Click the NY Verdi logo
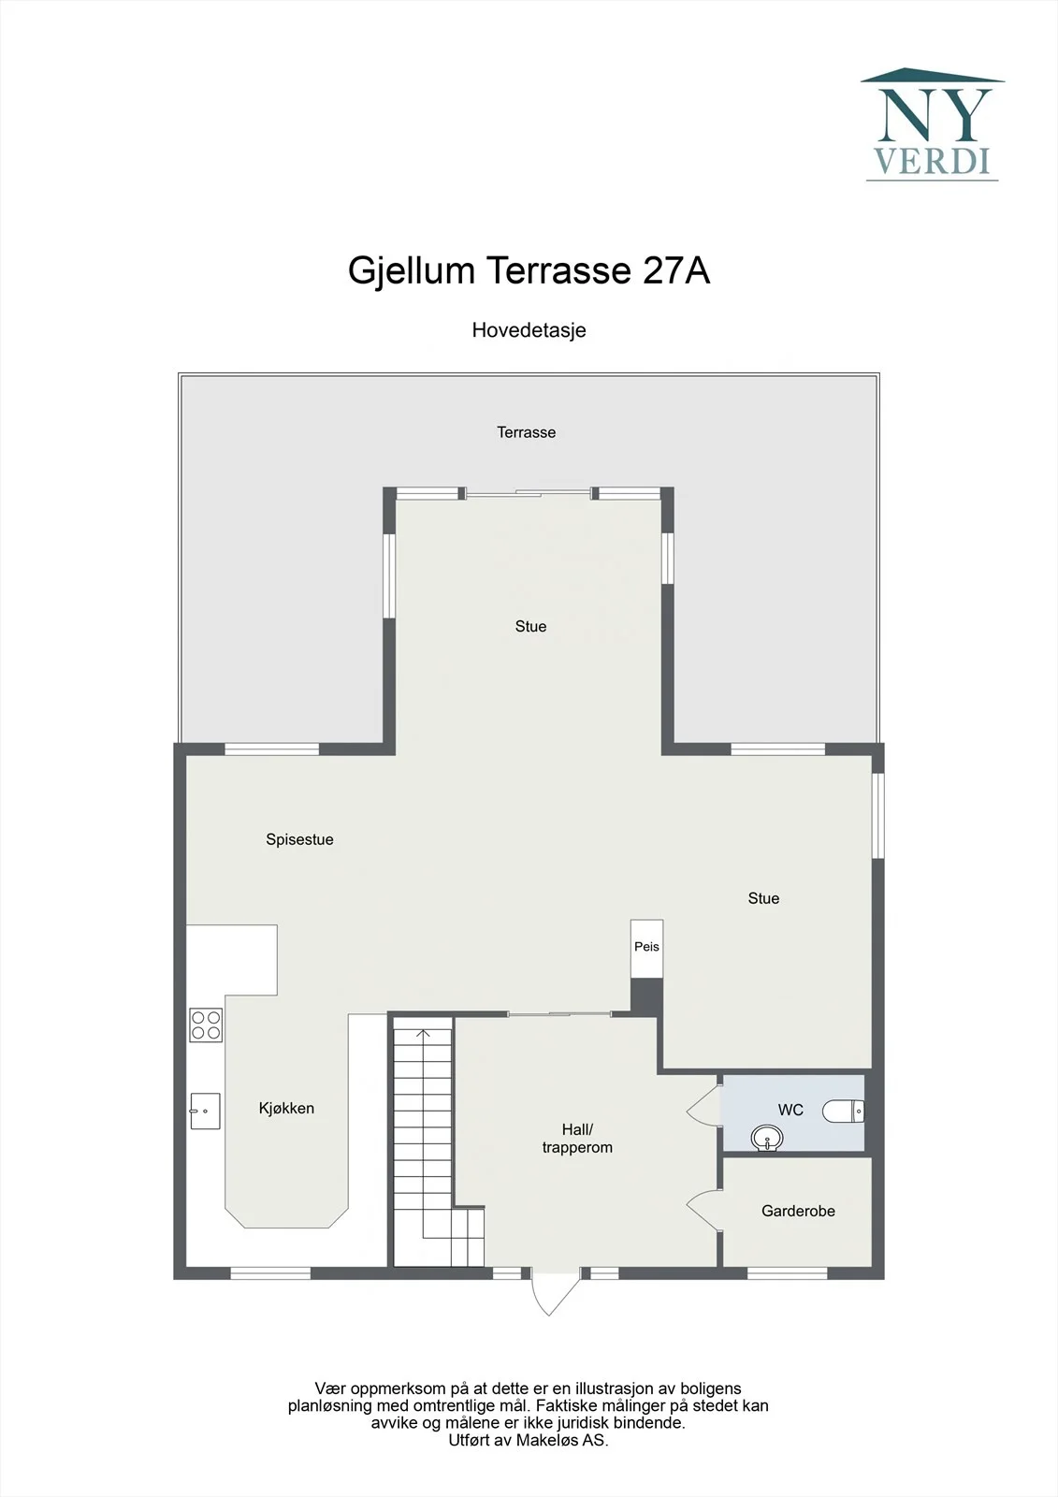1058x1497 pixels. [x=933, y=124]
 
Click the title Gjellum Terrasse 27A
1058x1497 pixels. [x=529, y=270]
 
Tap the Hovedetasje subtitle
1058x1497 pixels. [x=529, y=330]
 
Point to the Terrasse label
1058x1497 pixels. [x=526, y=432]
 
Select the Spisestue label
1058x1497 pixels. [x=299, y=839]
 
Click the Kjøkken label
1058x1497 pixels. [x=286, y=1108]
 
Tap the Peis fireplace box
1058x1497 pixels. [x=647, y=949]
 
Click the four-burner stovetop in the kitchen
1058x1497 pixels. [x=206, y=1025]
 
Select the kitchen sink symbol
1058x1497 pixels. [x=205, y=1111]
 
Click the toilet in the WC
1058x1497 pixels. [x=844, y=1112]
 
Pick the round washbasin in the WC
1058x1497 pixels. [x=767, y=1138]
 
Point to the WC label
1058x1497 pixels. [x=790, y=1110]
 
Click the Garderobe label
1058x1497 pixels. [x=798, y=1211]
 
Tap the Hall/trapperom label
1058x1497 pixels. [x=577, y=1138]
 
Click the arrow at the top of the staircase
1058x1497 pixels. [x=423, y=1035]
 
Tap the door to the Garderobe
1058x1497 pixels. [x=704, y=1210]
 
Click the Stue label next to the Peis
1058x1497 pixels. [x=763, y=898]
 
